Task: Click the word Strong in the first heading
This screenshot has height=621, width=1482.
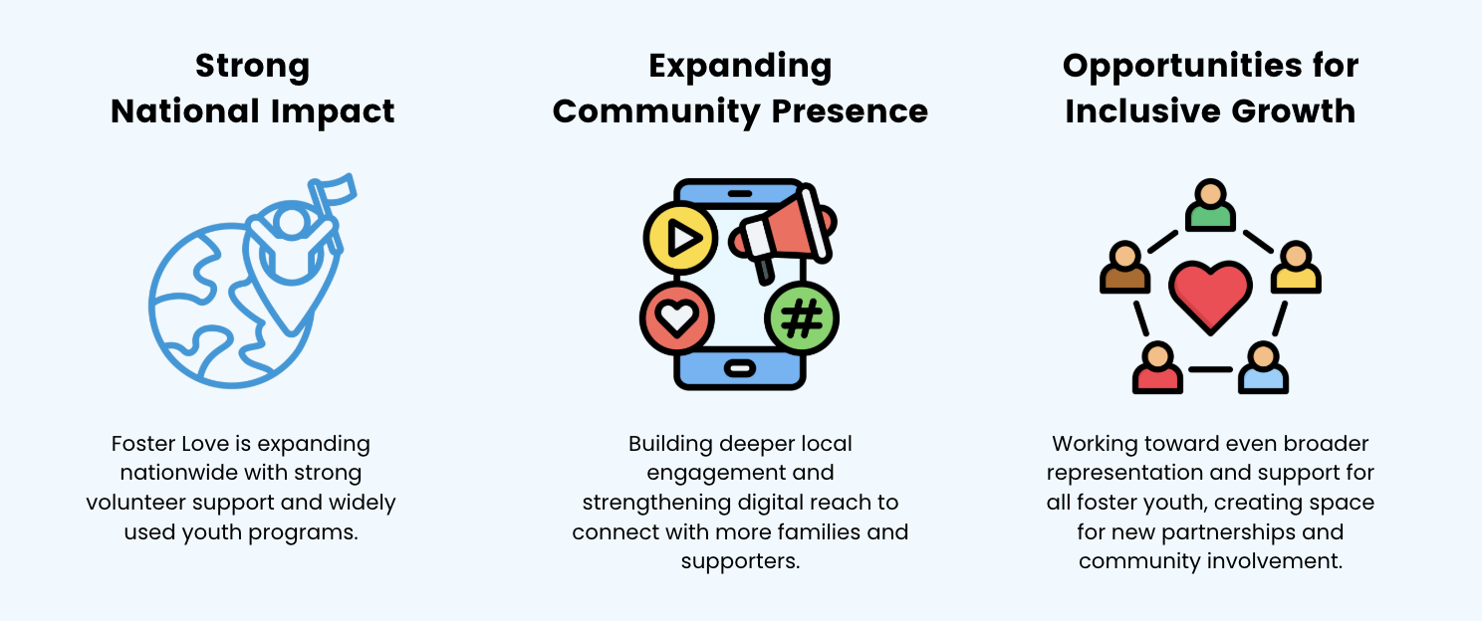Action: (252, 67)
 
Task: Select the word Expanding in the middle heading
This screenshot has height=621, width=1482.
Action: (740, 67)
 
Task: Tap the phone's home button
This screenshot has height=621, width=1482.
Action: (739, 369)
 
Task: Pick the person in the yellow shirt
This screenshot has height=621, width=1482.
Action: (1296, 268)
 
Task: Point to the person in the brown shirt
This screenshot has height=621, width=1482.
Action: (1124, 268)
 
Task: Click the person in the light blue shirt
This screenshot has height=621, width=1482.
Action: (1263, 368)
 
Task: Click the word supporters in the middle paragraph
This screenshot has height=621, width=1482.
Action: (740, 561)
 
